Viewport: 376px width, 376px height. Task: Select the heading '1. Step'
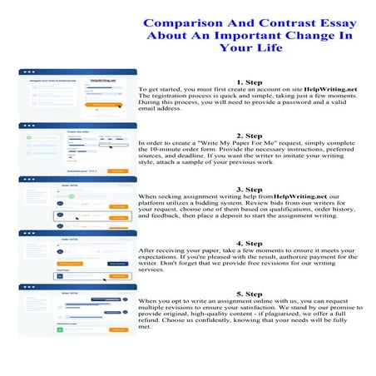coord(249,82)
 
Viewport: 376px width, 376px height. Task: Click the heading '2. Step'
coord(249,135)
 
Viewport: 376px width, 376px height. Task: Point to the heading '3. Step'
coord(249,189)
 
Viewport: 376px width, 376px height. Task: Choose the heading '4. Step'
coord(249,243)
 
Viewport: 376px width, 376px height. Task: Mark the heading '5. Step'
coord(249,294)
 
